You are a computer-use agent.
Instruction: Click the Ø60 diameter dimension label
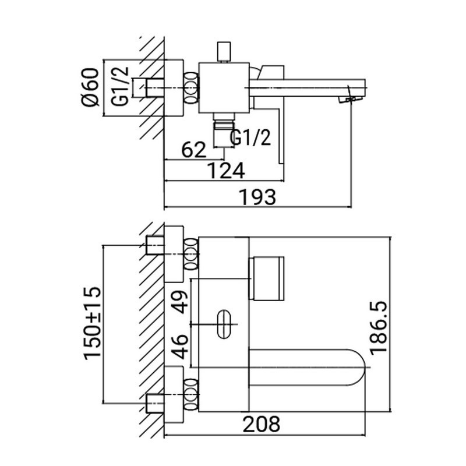[x=90, y=87]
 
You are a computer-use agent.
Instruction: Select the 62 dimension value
[x=193, y=150]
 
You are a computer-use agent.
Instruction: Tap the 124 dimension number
[x=226, y=171]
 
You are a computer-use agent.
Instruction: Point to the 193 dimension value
[x=257, y=197]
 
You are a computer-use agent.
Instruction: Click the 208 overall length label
[x=262, y=424]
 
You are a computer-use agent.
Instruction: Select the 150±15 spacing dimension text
[x=93, y=323]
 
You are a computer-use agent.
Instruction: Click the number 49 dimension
[x=181, y=302]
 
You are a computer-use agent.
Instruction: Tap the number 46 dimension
[x=181, y=347]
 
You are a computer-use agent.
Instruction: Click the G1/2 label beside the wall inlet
[x=121, y=86]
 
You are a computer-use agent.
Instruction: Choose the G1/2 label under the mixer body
[x=250, y=137]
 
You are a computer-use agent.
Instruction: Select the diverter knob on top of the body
[x=224, y=51]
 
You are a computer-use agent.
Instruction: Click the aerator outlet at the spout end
[x=351, y=100]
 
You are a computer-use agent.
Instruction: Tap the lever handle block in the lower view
[x=267, y=278]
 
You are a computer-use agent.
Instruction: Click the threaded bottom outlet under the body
[x=224, y=130]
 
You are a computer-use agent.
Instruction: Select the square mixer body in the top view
[x=224, y=88]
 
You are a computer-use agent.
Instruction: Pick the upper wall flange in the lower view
[x=174, y=254]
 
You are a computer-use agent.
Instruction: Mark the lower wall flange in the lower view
[x=174, y=394]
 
